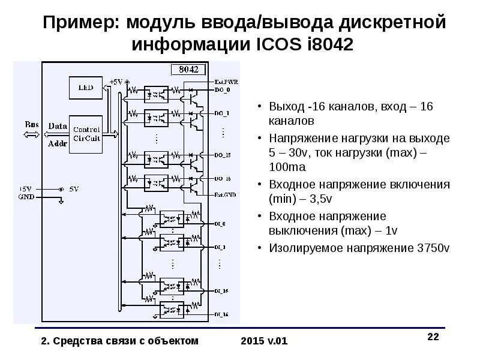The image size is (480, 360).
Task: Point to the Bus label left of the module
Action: pos(32,124)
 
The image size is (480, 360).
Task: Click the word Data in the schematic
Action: pos(58,126)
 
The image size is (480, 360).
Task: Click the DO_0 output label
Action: pos(221,89)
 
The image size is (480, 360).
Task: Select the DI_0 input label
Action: pos(220,224)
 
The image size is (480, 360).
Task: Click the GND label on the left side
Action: pos(26,196)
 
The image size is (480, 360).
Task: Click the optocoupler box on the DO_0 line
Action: pos(158,92)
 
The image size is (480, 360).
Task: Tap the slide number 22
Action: pos(433,337)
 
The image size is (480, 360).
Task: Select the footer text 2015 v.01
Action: pos(264,341)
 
